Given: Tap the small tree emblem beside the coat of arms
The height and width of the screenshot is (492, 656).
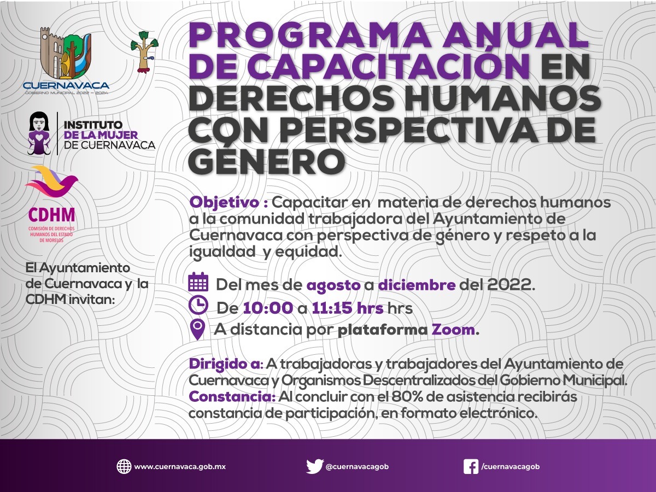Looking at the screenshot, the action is coord(145,52).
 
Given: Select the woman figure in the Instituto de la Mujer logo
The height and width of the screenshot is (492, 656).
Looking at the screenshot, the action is coord(39,133).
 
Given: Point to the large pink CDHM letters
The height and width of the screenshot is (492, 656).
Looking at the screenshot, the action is coord(52,215).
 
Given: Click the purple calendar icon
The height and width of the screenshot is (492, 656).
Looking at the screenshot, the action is coord(198,282).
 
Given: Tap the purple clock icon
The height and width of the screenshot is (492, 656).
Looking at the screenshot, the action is coord(198,305).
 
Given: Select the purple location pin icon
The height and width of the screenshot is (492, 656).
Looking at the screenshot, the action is coord(197,330).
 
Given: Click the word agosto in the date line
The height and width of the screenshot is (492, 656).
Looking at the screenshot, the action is coord(333,285).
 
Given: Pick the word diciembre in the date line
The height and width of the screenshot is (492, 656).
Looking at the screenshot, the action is coord(417,285).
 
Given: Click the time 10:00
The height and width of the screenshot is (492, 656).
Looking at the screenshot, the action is coord(268,308).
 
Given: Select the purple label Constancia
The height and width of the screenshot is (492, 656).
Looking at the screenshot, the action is coord(232,397).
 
